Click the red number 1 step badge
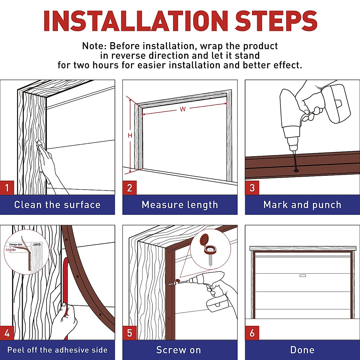[7, 188]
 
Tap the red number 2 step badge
[130, 188]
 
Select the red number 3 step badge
[252, 188]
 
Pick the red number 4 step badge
[7, 333]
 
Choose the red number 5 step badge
[130, 333]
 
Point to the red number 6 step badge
[252, 333]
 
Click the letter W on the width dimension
[183, 109]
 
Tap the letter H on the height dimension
[130, 135]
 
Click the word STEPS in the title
[276, 21]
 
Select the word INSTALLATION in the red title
[136, 21]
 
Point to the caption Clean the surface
[57, 205]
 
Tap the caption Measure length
[180, 205]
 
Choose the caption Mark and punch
[302, 205]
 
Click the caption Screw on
[178, 350]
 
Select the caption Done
[302, 350]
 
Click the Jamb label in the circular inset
[37, 244]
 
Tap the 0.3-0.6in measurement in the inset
[11, 250]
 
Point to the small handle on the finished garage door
[303, 276]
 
